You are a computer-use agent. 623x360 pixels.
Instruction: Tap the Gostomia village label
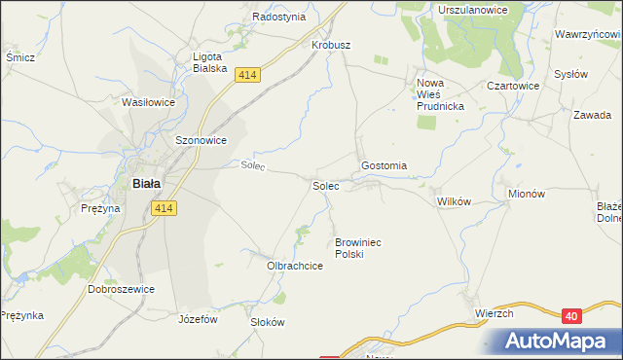tap(384, 165)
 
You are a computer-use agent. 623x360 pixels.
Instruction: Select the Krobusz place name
tap(331, 45)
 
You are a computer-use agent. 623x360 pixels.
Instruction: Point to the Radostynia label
tap(279, 17)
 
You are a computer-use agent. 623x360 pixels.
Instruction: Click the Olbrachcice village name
tap(295, 265)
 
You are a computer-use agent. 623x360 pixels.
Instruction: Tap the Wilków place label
tap(454, 200)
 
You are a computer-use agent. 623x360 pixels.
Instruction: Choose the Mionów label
tap(526, 194)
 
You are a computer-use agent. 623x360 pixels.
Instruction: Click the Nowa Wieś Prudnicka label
tap(441, 94)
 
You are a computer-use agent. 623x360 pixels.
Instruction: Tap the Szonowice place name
tap(201, 140)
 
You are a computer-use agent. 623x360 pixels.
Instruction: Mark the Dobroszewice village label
tap(122, 289)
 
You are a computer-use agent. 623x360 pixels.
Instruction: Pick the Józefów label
tap(198, 318)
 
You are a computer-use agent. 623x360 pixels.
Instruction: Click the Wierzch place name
tap(494, 313)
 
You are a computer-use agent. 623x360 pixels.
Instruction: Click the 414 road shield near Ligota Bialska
tap(246, 75)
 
